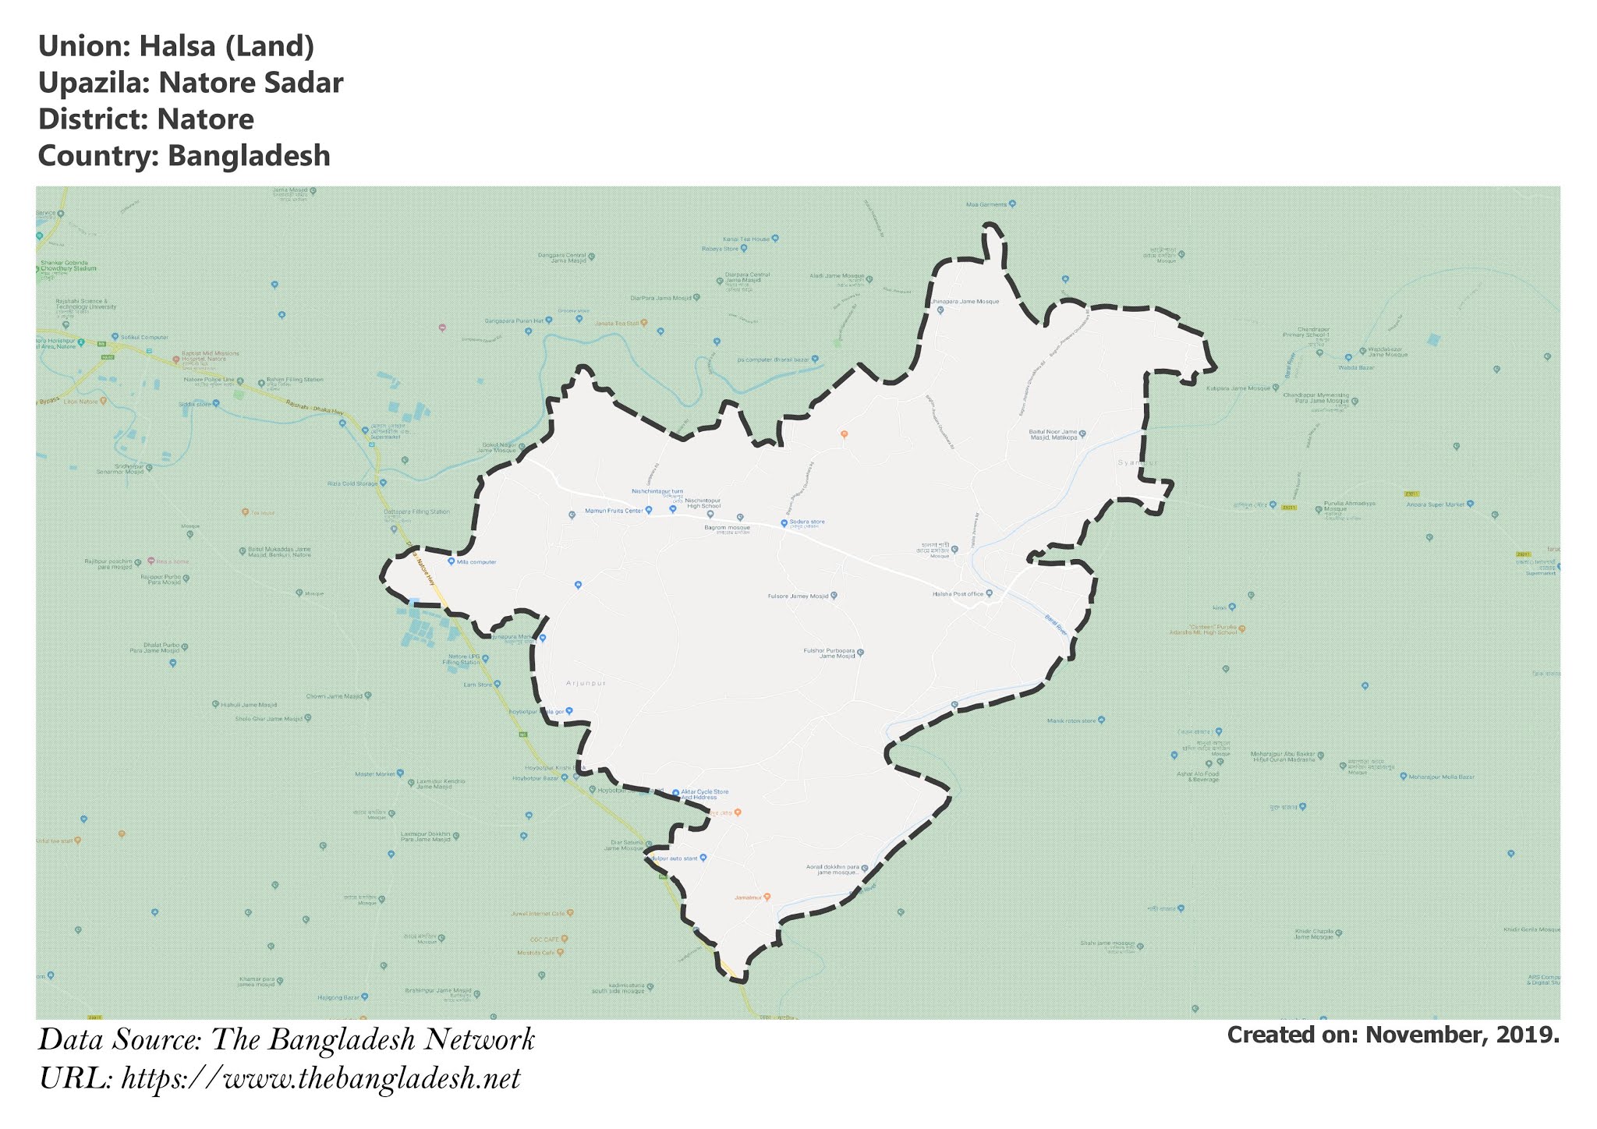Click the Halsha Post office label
(958, 594)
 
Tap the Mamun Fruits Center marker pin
(649, 511)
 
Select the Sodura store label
(807, 522)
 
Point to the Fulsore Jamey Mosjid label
(798, 596)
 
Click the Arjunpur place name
(586, 683)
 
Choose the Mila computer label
(476, 562)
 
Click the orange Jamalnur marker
(767, 897)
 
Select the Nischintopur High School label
(703, 503)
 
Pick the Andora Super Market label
(1436, 504)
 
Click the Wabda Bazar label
(1356, 368)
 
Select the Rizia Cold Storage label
(352, 483)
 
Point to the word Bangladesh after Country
(249, 156)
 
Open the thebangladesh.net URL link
(320, 1079)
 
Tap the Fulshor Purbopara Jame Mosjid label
(829, 653)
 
